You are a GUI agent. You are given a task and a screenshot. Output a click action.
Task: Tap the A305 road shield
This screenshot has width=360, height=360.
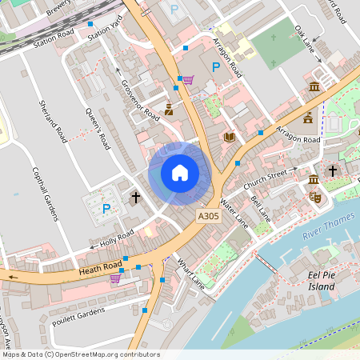click(208, 216)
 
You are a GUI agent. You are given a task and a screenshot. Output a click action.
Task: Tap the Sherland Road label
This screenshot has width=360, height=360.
click(54, 119)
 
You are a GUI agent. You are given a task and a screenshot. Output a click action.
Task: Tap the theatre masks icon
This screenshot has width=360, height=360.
click(314, 196)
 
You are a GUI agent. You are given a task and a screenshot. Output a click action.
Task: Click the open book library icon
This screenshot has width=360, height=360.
click(230, 137)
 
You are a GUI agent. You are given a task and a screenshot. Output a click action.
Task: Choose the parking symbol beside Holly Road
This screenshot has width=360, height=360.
click(106, 210)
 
